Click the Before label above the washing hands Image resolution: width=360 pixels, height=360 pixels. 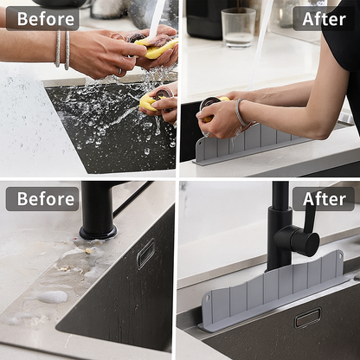tap(42, 18)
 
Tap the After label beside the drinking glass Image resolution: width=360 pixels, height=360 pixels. tap(324, 18)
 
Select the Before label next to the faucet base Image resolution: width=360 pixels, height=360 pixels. tap(42, 199)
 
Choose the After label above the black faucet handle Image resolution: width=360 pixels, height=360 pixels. tap(324, 199)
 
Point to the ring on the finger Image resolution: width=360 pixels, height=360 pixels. tap(119, 73)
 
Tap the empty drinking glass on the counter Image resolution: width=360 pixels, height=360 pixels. tap(238, 27)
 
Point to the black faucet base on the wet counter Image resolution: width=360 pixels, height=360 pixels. tap(98, 230)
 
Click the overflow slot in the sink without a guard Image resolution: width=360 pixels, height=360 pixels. tap(145, 254)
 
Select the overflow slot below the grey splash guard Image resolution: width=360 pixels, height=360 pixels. tap(306, 318)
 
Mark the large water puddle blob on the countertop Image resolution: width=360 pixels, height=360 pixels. tap(53, 297)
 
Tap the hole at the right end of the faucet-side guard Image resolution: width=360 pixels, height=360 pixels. tap(338, 257)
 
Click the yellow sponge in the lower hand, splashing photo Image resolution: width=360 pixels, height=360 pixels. tap(148, 104)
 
